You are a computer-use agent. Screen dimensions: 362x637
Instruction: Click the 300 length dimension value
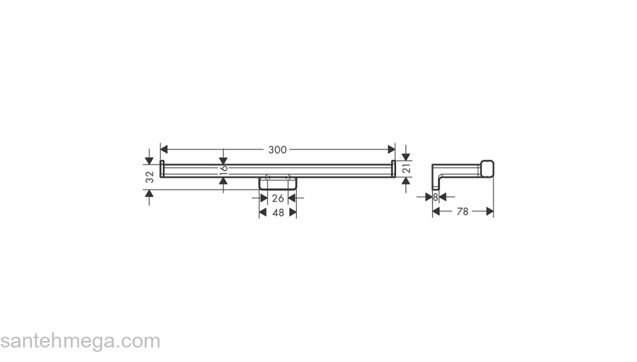[x=277, y=150]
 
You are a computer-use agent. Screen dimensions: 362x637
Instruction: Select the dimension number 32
[x=149, y=176]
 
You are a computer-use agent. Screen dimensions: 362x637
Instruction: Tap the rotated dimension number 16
[x=224, y=170]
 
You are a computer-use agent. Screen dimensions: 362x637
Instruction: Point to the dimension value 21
[x=406, y=169]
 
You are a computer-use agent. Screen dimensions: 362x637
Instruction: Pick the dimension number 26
[x=277, y=198]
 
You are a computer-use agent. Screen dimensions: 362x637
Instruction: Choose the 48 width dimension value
[x=277, y=212]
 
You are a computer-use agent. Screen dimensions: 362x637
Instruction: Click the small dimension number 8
[x=435, y=197]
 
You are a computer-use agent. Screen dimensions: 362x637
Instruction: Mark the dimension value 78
[x=463, y=211]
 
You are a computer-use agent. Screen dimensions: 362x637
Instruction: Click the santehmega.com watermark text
[x=80, y=341]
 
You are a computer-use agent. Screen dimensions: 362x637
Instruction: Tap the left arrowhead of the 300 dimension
[x=164, y=150]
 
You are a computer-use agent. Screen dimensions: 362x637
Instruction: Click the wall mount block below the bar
[x=277, y=184]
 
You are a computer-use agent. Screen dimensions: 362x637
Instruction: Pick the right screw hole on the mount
[x=288, y=177]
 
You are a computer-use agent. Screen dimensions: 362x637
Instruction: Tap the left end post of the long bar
[x=162, y=170]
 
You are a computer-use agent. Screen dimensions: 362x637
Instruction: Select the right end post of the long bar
[x=393, y=170]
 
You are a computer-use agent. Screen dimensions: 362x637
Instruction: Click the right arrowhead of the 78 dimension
[x=490, y=211]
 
